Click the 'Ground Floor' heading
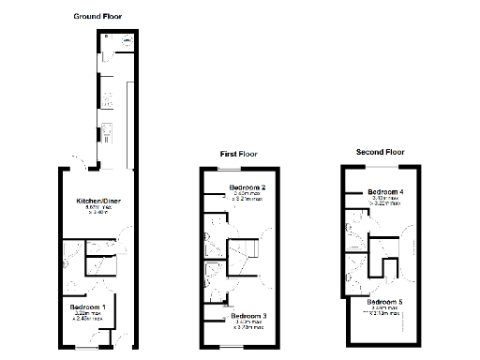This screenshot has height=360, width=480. tap(97, 16)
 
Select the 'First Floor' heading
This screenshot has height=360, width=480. tap(240, 154)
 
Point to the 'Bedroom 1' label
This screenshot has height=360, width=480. tap(90, 307)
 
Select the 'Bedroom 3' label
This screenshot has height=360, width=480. tap(248, 316)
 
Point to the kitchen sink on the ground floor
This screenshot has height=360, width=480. tap(108, 131)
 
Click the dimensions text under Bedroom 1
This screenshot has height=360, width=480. tap(89, 317)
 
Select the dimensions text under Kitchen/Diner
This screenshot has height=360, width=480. tap(97, 211)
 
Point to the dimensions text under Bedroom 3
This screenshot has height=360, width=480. tap(248, 325)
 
